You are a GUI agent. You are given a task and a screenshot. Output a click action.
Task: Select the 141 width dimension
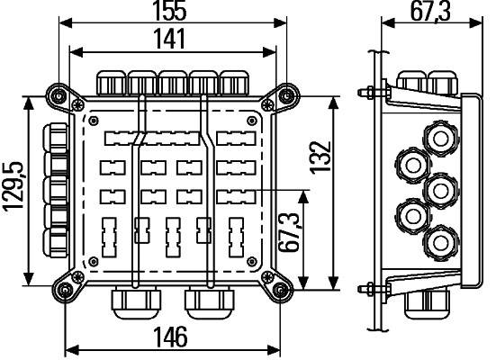(x=170, y=39)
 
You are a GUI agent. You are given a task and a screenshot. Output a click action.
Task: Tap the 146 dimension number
(x=170, y=338)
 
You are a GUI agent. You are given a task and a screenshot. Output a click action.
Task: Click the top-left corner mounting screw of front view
(x=59, y=94)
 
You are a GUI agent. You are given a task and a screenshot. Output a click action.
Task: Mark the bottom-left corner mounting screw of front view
(x=64, y=289)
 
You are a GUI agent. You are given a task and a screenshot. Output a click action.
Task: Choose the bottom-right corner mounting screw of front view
(x=281, y=289)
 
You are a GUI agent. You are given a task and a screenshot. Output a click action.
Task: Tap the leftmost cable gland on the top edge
(x=112, y=82)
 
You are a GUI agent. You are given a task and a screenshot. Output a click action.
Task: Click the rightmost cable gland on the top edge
(x=234, y=82)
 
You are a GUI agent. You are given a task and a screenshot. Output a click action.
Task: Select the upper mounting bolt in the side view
(x=370, y=91)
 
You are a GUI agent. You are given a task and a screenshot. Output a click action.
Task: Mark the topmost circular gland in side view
(x=440, y=138)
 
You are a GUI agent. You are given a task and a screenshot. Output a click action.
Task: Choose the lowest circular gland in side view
(x=440, y=243)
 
